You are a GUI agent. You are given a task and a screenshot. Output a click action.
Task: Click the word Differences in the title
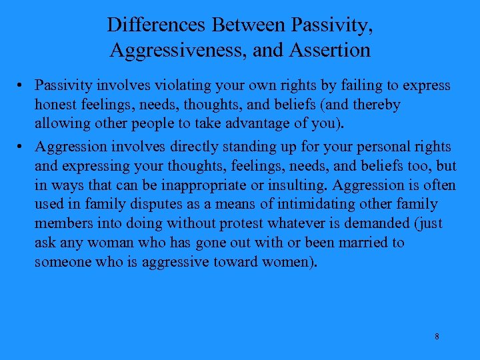157,25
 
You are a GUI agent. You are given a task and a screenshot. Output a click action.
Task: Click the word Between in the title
248,25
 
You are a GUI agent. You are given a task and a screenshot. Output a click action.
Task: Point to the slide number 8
437,337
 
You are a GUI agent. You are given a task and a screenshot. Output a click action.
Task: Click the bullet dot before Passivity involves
23,86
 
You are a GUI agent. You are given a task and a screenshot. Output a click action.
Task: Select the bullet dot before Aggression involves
23,147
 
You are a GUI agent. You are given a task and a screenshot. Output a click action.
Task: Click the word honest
55,105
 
